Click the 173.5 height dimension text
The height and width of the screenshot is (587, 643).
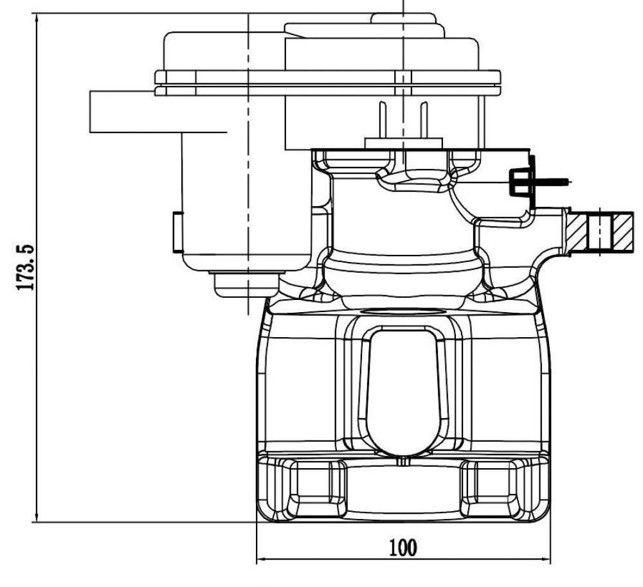click(26, 267)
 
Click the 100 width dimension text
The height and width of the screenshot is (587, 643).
click(403, 548)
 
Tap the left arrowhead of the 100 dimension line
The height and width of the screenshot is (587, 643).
click(260, 559)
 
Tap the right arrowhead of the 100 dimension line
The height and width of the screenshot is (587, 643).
click(547, 559)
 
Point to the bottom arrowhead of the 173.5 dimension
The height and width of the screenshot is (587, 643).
click(37, 518)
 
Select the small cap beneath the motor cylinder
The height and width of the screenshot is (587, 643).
click(246, 284)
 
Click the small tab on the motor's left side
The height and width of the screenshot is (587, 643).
click(177, 232)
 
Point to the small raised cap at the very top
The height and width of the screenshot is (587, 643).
click(403, 18)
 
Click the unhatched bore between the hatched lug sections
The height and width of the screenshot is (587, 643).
click(601, 231)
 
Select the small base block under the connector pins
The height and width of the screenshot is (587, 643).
click(404, 143)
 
